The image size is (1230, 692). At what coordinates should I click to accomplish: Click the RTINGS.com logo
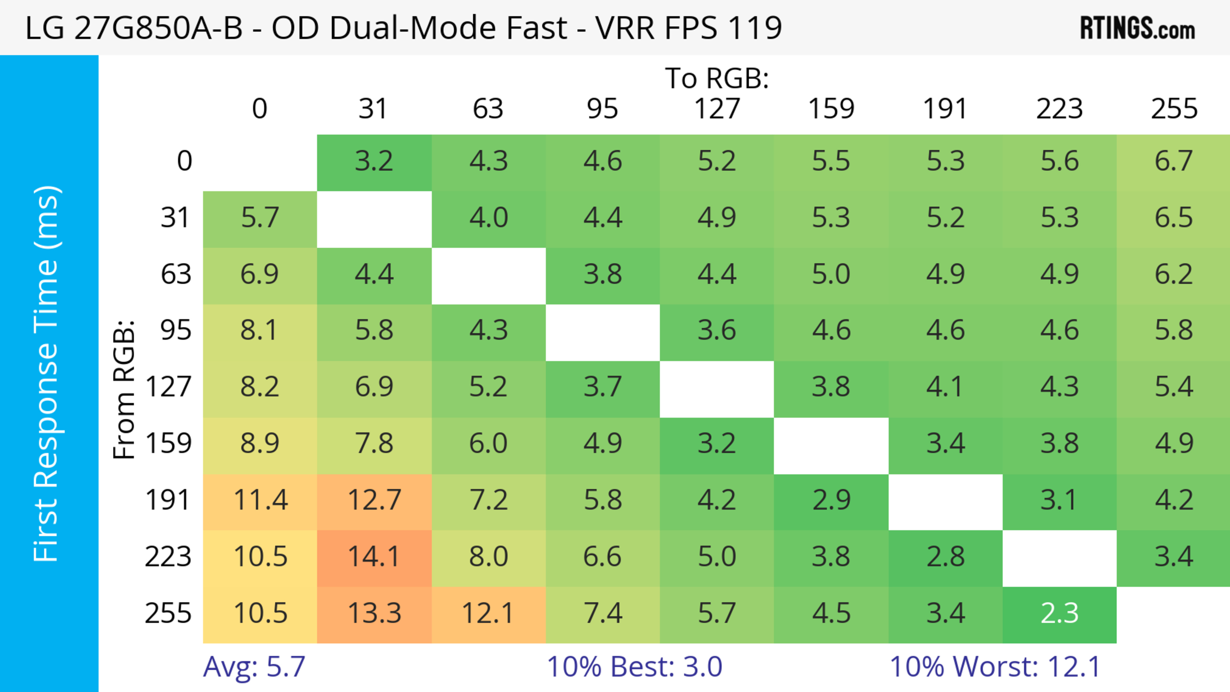coord(1137,28)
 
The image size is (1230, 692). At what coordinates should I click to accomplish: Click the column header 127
coord(717,109)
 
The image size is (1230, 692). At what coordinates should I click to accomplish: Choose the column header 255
coord(1174,109)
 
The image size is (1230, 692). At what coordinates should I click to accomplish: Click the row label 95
coord(176,330)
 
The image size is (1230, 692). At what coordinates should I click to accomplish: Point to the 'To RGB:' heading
coord(717,78)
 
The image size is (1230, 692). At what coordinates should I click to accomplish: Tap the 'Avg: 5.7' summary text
coord(254,667)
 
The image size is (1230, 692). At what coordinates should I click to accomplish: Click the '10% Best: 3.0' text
coord(634,667)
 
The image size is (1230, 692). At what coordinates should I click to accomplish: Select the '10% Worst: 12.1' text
coord(995,667)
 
